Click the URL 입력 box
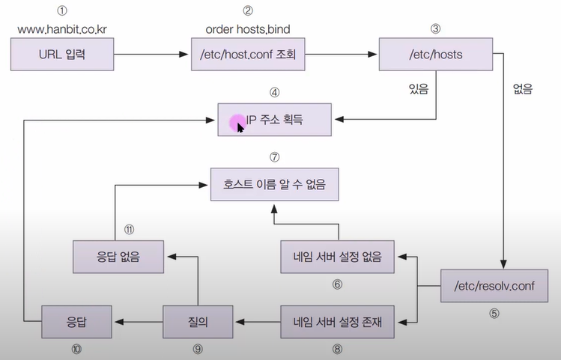click(x=62, y=55)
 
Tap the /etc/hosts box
click(x=435, y=55)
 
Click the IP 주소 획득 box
click(x=275, y=118)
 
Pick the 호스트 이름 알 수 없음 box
click(x=274, y=182)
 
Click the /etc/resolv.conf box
click(x=495, y=284)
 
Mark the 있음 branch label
click(x=418, y=89)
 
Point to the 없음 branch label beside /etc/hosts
click(x=521, y=89)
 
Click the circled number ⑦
click(x=275, y=157)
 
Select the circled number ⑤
click(x=494, y=314)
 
